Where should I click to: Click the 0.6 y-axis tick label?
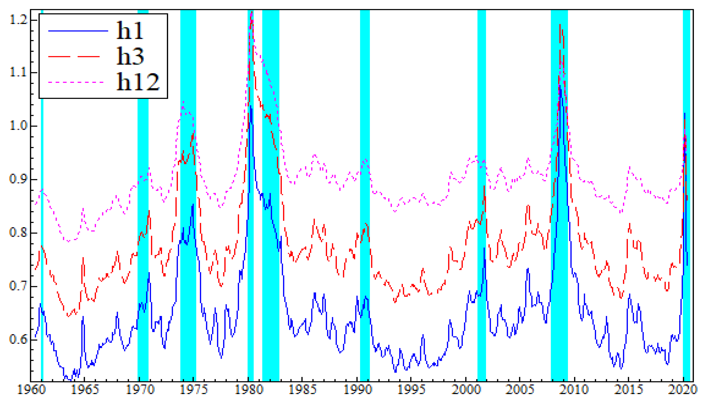(x=19, y=339)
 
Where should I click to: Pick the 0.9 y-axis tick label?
(x=19, y=179)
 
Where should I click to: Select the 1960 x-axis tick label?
(x=31, y=390)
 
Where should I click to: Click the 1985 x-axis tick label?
(x=302, y=390)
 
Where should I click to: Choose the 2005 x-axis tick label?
(x=519, y=390)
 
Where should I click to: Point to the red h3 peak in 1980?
(x=251, y=12)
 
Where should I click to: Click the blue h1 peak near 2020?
(x=685, y=113)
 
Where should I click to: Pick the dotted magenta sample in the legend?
(x=76, y=82)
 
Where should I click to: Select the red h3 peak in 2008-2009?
(x=560, y=25)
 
